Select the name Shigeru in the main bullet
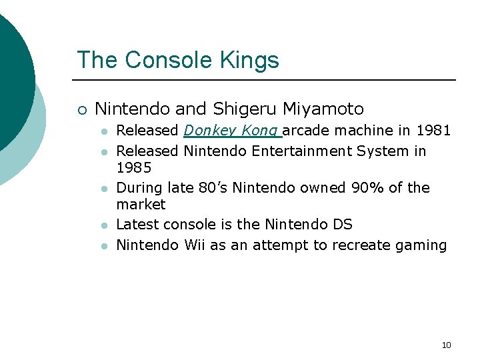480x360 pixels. [x=245, y=109]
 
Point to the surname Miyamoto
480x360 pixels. [x=323, y=109]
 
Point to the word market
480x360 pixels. [x=141, y=205]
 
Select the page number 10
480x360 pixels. [x=446, y=345]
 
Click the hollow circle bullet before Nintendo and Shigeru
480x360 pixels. [x=82, y=110]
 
